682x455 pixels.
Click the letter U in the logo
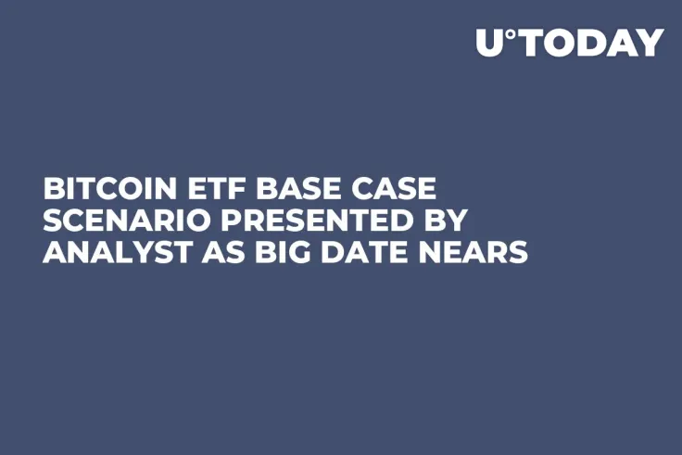tap(491, 43)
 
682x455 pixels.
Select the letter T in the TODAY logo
tap(534, 43)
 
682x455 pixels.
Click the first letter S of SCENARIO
tap(54, 220)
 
